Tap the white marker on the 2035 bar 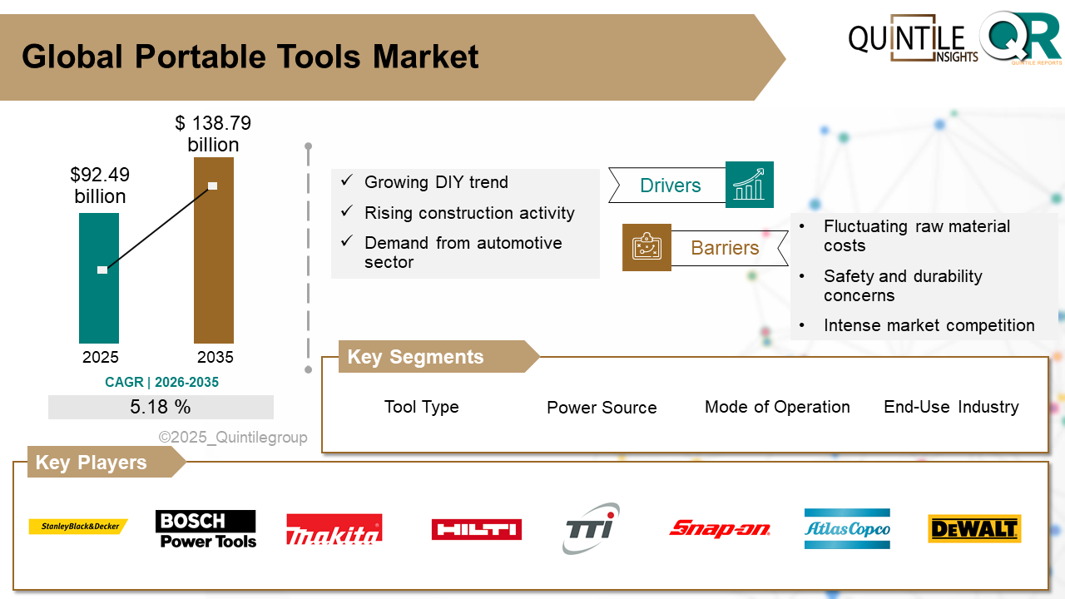coord(212,186)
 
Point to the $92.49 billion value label coord(100,186)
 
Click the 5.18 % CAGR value coord(161,408)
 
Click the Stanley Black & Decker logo coord(78,527)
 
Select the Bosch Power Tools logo coord(206,529)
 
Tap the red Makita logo coord(334,529)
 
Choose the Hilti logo coord(476,529)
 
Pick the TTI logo coord(590,527)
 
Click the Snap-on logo coord(720,528)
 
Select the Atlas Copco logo coord(847,529)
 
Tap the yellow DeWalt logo coord(974,529)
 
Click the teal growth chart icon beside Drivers coord(749,185)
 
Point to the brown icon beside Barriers coord(646,247)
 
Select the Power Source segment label coord(602,408)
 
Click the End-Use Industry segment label coord(951,407)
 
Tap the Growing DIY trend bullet coord(436,182)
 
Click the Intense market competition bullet coord(929,325)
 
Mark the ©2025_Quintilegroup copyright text coord(233,438)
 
